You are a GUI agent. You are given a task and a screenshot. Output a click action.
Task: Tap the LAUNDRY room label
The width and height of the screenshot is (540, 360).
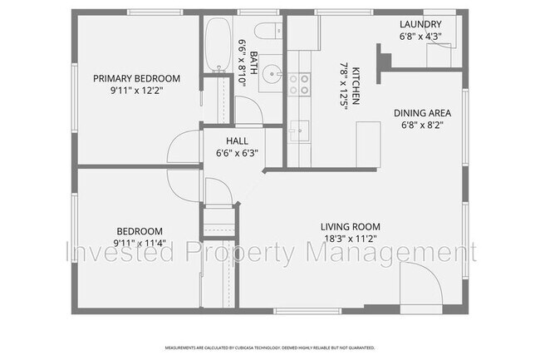(420, 25)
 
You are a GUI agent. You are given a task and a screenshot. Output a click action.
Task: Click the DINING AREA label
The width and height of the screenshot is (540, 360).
(421, 115)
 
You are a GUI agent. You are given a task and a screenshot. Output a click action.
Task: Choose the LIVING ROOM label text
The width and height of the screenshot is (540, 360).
(351, 226)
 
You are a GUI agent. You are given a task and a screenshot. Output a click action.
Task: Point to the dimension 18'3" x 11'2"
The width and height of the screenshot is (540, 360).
(351, 238)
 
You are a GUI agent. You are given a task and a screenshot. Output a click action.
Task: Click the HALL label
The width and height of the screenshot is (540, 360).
(237, 141)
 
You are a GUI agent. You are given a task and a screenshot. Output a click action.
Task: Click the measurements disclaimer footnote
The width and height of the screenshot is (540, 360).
(270, 348)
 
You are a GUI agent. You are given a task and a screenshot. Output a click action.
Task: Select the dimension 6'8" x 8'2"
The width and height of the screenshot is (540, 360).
(421, 127)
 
